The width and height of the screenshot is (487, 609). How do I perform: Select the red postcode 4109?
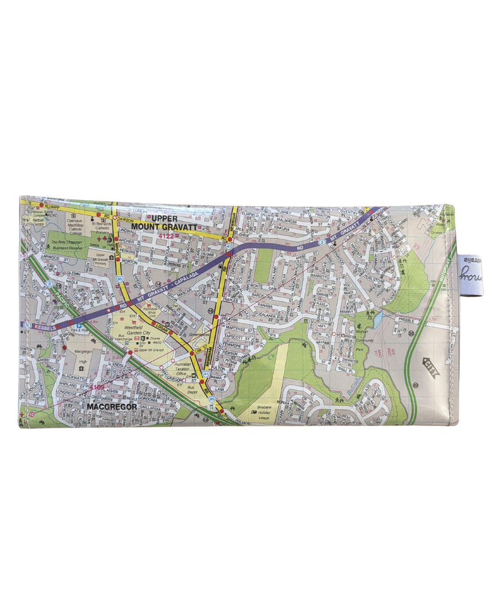(96, 387)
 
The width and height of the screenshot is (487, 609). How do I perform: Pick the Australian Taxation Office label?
(181, 369)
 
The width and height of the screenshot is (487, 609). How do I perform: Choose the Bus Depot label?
(193, 390)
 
